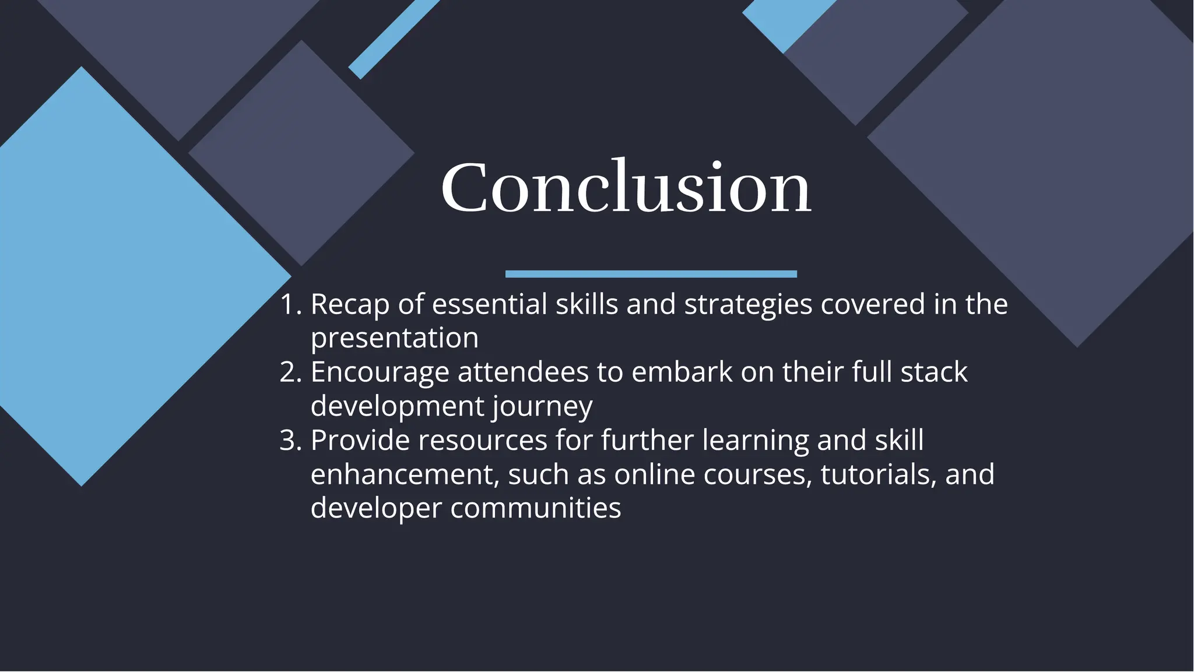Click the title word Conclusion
[626, 188]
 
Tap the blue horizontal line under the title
[651, 274]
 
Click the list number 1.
[290, 305]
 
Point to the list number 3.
[290, 441]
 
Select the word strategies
[748, 305]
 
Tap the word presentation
[394, 339]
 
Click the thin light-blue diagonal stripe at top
[394, 38]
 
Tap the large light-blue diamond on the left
[117, 274]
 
